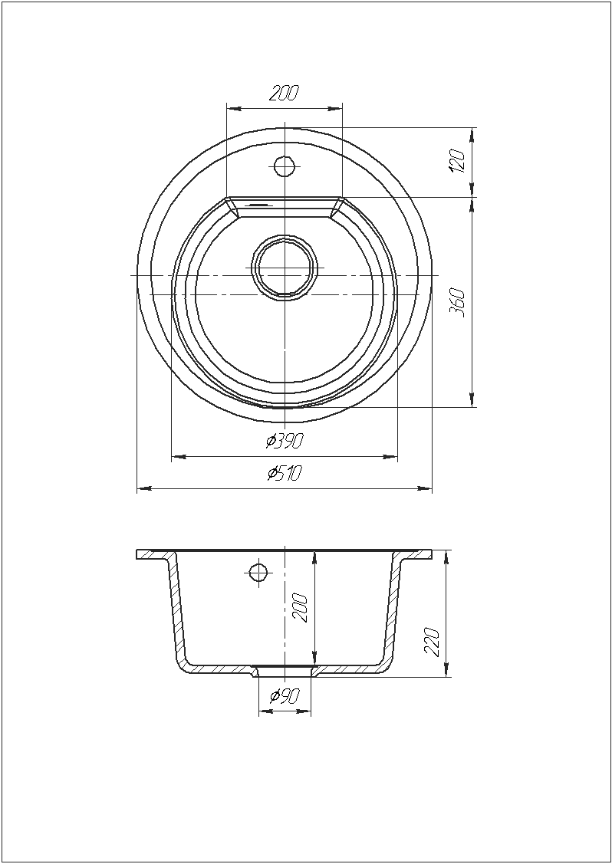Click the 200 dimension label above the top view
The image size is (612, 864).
coord(284,94)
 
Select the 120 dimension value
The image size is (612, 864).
coord(458,161)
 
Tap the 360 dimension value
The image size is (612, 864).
coord(458,302)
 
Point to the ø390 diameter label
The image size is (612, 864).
coord(285,441)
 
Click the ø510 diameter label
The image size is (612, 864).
coord(285,473)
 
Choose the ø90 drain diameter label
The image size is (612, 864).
coord(285,696)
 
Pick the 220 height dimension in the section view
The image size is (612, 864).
coord(432,642)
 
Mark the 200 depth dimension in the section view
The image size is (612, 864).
coord(301,607)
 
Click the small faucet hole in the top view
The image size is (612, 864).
coord(284,166)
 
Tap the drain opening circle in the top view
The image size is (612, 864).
coord(285,268)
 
